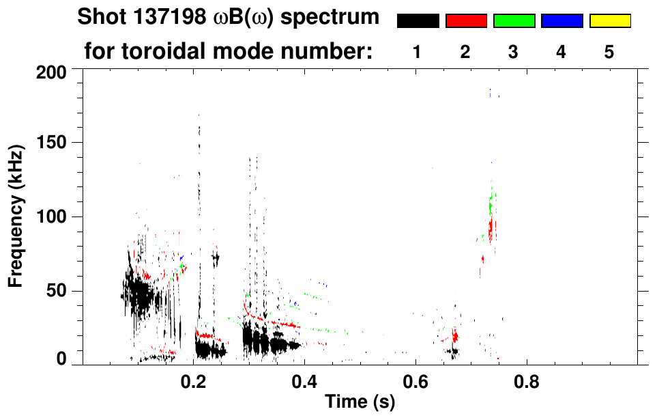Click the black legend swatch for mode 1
[418, 21]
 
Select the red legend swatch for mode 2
[466, 21]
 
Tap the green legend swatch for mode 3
[514, 21]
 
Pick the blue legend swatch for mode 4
[561, 21]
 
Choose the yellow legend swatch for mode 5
[610, 21]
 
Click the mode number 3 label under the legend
[513, 52]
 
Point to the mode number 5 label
[609, 52]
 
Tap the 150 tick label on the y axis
[52, 143]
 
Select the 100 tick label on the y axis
[52, 217]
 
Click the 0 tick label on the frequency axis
[61, 359]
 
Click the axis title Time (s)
[359, 403]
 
